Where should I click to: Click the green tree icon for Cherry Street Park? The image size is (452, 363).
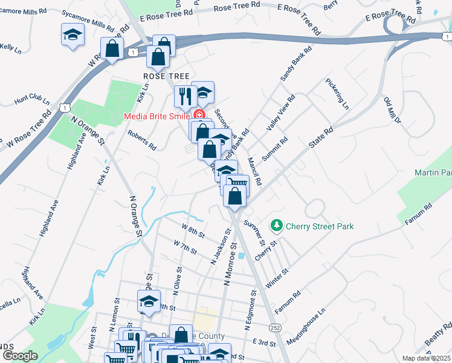277,226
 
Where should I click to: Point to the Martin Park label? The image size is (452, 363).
433,173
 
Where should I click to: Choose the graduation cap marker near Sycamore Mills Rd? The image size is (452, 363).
73,36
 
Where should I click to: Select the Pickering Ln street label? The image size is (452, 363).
337,93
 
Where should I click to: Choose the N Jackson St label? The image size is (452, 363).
221,247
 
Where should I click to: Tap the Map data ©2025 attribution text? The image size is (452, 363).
427,358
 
